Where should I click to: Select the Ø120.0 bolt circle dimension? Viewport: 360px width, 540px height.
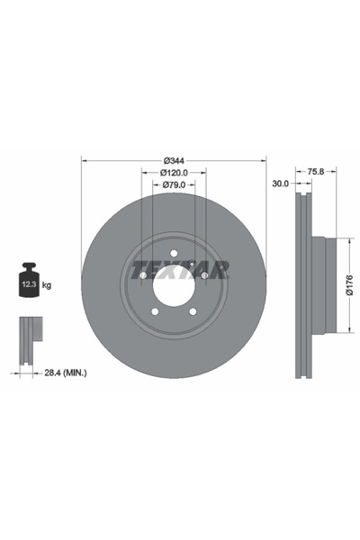[x=175, y=172]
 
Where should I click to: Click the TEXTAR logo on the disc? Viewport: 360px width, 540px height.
[x=179, y=270]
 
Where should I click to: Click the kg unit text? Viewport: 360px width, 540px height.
[x=47, y=285]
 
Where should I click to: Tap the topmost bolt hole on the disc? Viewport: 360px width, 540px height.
[x=175, y=254]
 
